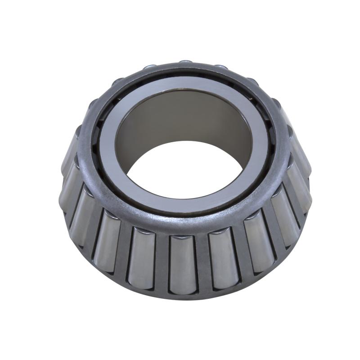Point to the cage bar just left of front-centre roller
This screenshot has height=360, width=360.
(x=162, y=263)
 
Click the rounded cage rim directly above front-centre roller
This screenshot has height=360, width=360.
(x=182, y=225)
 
